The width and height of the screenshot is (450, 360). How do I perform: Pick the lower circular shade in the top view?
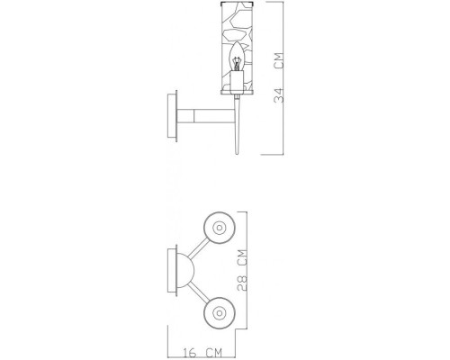pos(218,311)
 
